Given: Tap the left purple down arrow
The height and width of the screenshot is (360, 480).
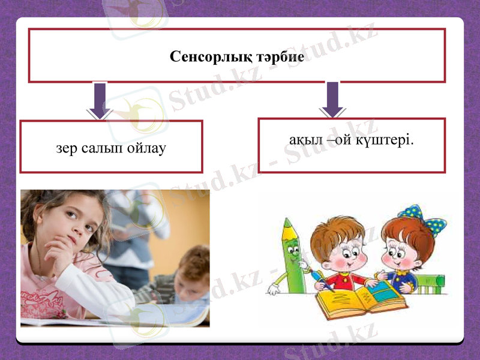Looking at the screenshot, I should pyautogui.click(x=100, y=100).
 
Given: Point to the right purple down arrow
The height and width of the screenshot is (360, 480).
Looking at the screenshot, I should pyautogui.click(x=332, y=99).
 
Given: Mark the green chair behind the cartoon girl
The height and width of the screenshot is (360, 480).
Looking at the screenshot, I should pyautogui.click(x=433, y=282).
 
